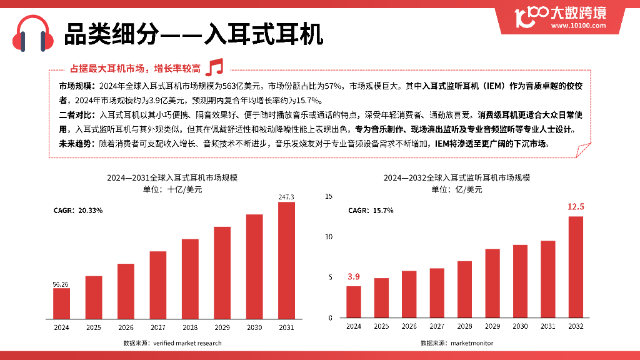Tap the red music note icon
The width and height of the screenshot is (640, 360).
pyautogui.click(x=214, y=67)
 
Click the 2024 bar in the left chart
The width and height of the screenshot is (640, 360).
pyautogui.click(x=61, y=303)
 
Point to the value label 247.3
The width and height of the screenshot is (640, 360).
pyautogui.click(x=286, y=197)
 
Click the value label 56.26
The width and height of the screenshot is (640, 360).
pyautogui.click(x=61, y=284)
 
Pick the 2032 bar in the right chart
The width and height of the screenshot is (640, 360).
pyautogui.click(x=576, y=267)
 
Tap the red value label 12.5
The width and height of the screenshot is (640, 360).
pyautogui.click(x=576, y=207)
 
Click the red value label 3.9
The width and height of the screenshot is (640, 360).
pyautogui.click(x=354, y=276)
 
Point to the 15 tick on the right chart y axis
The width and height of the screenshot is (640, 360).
pyautogui.click(x=329, y=196)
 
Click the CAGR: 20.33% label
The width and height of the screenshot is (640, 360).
pyautogui.click(x=78, y=211)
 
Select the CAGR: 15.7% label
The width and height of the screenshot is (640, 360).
pyautogui.click(x=371, y=211)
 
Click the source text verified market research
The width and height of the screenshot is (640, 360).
pyautogui.click(x=172, y=343)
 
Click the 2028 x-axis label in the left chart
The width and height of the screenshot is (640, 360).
pyautogui.click(x=190, y=327)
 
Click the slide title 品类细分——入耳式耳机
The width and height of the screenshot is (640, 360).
pyautogui.click(x=194, y=34)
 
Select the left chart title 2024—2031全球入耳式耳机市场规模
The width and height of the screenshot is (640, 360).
pyautogui.click(x=172, y=178)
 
